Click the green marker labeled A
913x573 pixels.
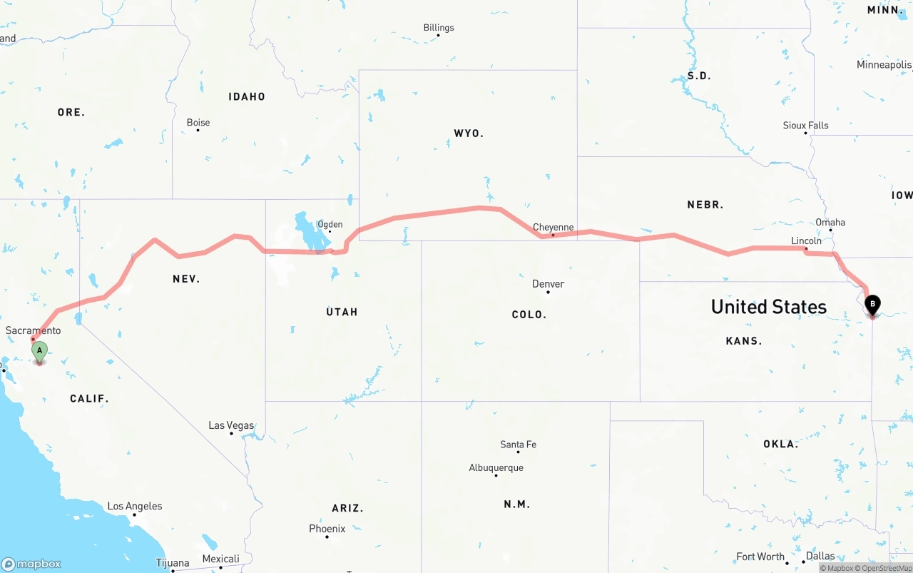(40, 351)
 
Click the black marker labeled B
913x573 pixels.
(872, 305)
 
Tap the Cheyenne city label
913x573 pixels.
(553, 228)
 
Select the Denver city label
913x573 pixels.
(548, 284)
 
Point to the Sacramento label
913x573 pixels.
(33, 331)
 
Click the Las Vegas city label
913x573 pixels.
(230, 426)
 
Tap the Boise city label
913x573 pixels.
(198, 123)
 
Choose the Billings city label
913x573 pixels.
(439, 28)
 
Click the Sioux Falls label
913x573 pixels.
(805, 126)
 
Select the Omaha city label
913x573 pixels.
(830, 223)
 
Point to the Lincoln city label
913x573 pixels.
(806, 241)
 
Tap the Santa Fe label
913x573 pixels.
(518, 445)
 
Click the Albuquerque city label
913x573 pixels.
(496, 468)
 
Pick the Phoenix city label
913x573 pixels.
(327, 529)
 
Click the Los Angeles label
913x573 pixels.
(135, 507)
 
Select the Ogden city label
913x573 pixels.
(330, 225)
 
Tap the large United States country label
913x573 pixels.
(768, 307)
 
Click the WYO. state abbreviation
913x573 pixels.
(469, 133)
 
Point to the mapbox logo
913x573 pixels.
(31, 564)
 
